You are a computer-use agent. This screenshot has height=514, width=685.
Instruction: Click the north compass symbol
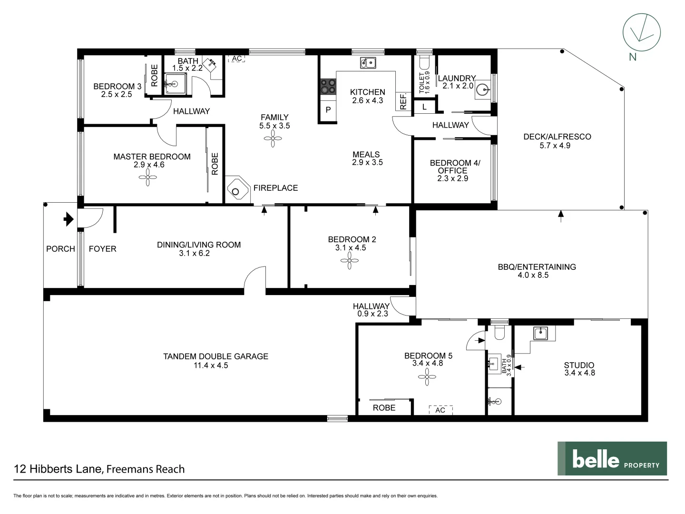(x=641, y=32)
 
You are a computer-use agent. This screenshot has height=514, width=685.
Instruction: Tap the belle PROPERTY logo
(x=612, y=458)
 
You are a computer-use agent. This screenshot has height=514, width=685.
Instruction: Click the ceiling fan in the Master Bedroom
(x=148, y=178)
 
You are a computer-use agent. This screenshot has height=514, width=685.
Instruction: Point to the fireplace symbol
(x=236, y=190)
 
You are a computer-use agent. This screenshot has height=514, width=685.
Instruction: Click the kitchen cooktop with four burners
(x=328, y=87)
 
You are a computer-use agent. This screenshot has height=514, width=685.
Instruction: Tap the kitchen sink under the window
(x=368, y=62)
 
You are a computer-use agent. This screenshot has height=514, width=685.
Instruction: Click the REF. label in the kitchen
(x=403, y=101)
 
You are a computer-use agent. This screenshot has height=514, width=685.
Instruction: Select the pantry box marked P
(x=328, y=109)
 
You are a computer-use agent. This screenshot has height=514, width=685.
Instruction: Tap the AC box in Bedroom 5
(x=440, y=410)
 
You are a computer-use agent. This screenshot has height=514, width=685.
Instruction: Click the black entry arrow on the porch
(x=68, y=219)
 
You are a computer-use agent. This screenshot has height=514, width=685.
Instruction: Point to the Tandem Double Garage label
(x=215, y=356)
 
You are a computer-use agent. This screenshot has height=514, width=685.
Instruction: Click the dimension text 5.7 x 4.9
(x=555, y=146)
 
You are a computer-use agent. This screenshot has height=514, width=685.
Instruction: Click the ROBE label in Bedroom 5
(x=384, y=408)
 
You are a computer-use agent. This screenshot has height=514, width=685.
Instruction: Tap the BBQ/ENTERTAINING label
(x=537, y=267)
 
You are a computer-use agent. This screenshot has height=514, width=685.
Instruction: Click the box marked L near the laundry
(x=424, y=107)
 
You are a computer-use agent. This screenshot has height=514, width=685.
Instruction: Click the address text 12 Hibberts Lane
(x=58, y=469)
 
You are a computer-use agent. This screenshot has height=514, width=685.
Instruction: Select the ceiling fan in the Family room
(x=274, y=140)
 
